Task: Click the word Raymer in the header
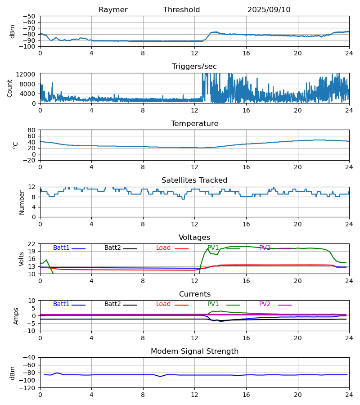[x=113, y=10]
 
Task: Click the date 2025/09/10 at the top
[x=269, y=10]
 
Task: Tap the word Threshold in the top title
[x=181, y=10]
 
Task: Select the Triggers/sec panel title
[x=194, y=67]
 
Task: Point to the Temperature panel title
[x=194, y=124]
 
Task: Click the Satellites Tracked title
[x=194, y=180]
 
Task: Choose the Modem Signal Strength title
[x=194, y=351]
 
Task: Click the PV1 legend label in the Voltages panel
[x=213, y=248]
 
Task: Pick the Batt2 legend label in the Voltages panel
[x=112, y=248]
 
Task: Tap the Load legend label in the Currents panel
[x=163, y=304]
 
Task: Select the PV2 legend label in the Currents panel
[x=265, y=304]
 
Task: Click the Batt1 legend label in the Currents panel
[x=61, y=304]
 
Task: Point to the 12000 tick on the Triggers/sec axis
[x=28, y=74]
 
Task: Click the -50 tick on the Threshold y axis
[x=30, y=16]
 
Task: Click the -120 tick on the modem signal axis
[x=28, y=388]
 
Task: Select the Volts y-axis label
[x=22, y=259]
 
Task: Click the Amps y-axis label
[x=17, y=316]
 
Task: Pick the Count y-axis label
[x=10, y=88]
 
